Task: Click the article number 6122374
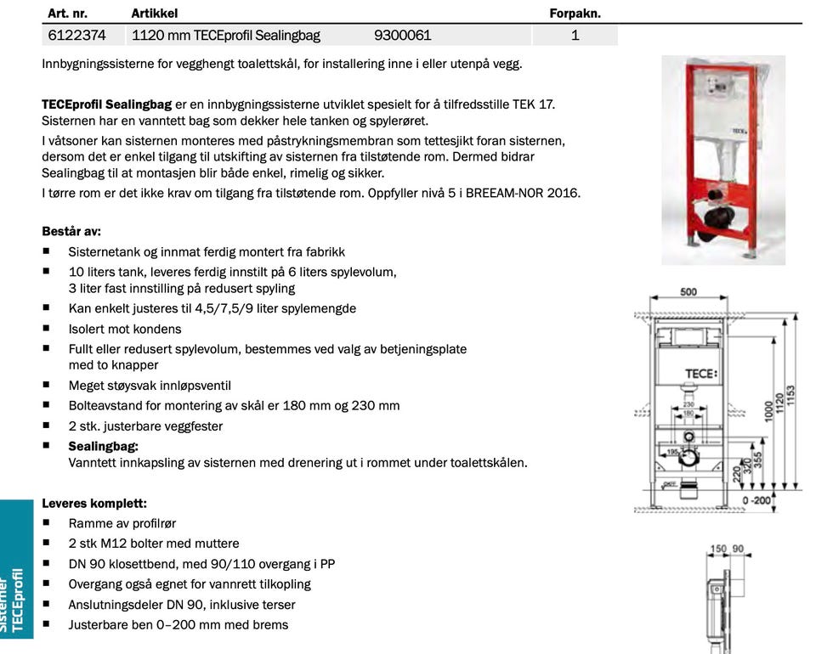[76, 36]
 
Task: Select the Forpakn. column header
[575, 14]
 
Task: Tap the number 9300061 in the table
[402, 36]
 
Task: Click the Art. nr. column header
[68, 14]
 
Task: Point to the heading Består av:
[71, 231]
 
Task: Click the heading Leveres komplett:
[94, 503]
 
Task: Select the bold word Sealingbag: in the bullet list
[103, 446]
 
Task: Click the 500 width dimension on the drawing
[688, 292]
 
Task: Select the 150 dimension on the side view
[718, 550]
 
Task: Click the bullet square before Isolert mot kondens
[47, 328]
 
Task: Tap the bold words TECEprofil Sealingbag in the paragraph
[107, 104]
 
